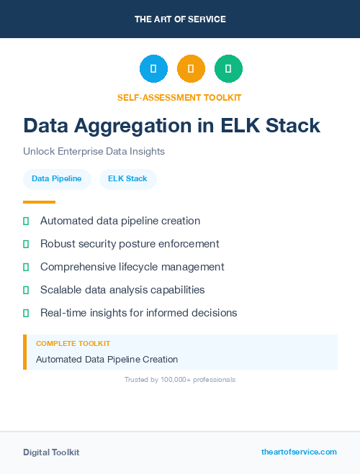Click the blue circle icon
(153, 69)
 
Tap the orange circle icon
(191, 69)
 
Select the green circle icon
(228, 69)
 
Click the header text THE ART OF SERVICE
(180, 19)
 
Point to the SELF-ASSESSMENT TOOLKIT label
(179, 97)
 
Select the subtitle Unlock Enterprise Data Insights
(94, 152)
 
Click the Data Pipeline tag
(57, 178)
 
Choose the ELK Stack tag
(127, 178)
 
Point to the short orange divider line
(39, 202)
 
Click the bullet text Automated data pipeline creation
(120, 221)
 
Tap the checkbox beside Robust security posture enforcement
(26, 245)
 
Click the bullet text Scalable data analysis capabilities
(122, 290)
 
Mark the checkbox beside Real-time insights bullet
(26, 314)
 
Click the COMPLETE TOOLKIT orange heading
(73, 344)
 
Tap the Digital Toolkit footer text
(51, 452)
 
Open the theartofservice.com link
(299, 452)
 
